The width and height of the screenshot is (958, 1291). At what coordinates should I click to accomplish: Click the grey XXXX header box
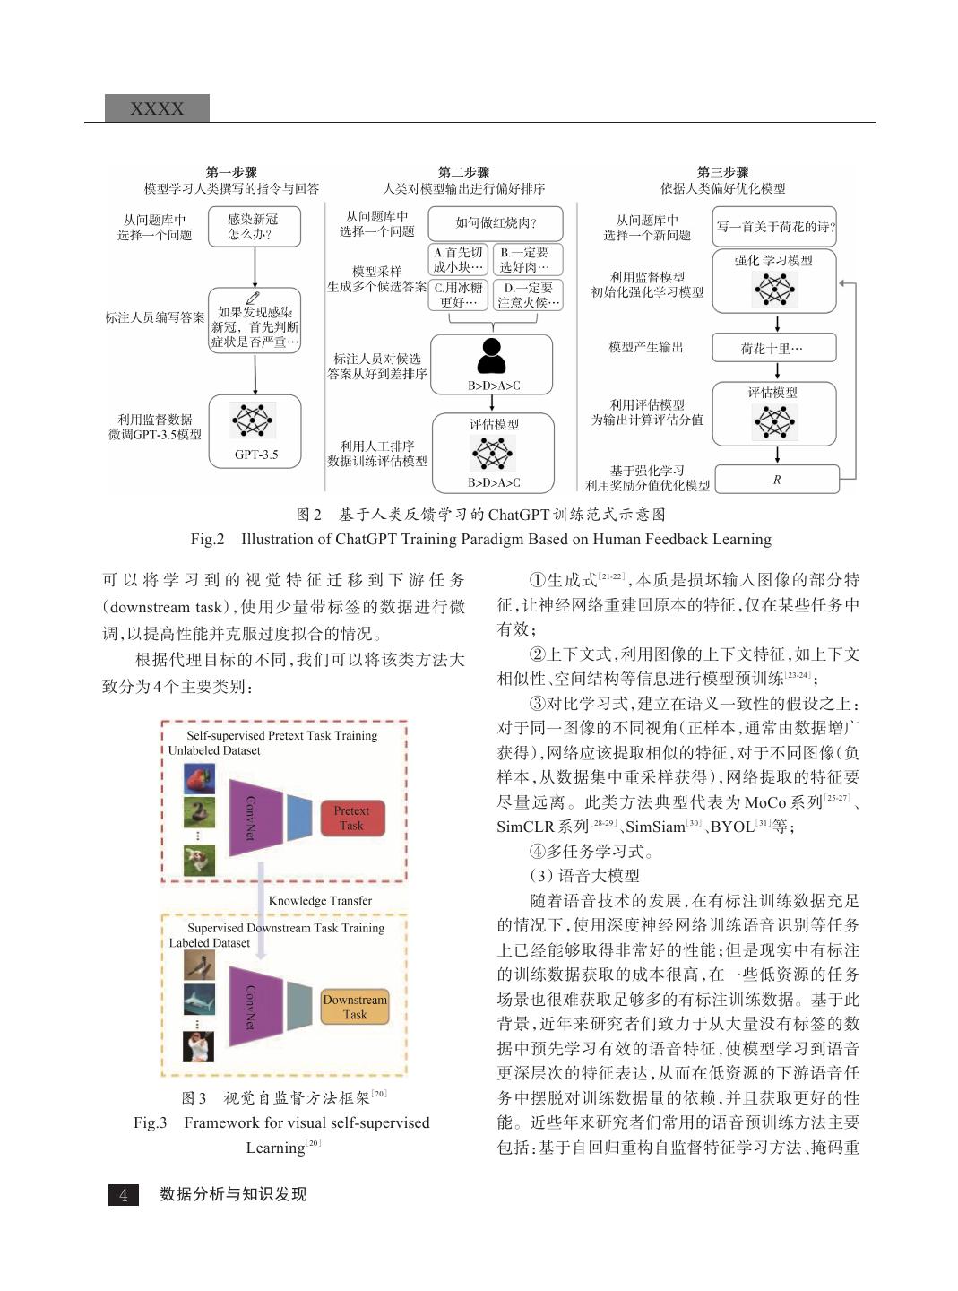click(x=157, y=108)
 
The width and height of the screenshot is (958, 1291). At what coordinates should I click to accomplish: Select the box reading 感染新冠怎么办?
click(x=254, y=227)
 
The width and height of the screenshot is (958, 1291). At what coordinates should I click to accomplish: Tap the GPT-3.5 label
click(x=256, y=455)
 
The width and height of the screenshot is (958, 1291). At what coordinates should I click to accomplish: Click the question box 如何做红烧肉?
click(x=496, y=223)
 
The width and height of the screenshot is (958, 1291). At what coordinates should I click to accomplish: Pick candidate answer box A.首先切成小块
click(x=458, y=260)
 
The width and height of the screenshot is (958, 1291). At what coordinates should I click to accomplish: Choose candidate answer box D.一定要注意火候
click(x=528, y=295)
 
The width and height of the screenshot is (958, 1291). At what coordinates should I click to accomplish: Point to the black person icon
click(x=491, y=356)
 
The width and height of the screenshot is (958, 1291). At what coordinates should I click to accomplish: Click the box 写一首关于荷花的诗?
click(x=775, y=227)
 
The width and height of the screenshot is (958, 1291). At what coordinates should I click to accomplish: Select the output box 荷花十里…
click(x=773, y=348)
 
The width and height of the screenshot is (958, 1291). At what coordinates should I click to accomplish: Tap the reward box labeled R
click(x=776, y=480)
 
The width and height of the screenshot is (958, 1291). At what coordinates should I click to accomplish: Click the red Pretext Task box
click(x=351, y=818)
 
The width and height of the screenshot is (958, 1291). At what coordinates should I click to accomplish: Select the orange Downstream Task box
click(x=355, y=1007)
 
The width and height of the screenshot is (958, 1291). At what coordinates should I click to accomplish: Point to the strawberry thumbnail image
click(x=199, y=778)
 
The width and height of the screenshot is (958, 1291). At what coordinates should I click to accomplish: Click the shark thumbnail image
click(x=199, y=1000)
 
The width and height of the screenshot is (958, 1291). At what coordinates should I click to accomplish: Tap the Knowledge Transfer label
click(x=320, y=900)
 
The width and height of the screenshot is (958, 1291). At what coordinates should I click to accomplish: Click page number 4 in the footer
click(x=124, y=1194)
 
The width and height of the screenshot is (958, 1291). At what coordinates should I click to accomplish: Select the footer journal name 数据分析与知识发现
click(x=233, y=1194)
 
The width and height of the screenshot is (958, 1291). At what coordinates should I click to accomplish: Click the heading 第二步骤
click(x=463, y=172)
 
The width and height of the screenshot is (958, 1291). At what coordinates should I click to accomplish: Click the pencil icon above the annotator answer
click(x=254, y=298)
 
